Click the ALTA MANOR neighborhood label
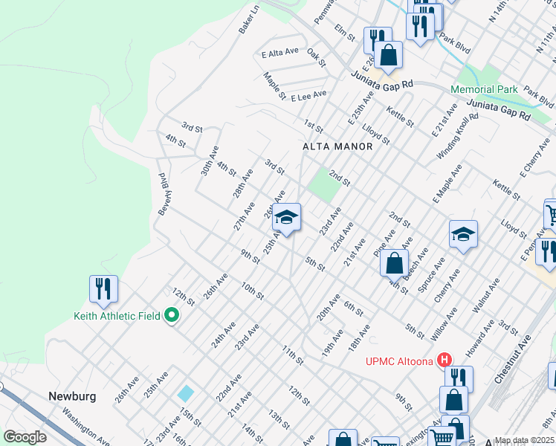337,146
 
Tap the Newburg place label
73,396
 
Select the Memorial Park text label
484,89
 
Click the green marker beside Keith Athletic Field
172,316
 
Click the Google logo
25,437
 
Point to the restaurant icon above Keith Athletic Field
104,288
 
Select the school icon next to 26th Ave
286,217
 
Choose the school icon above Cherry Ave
462,235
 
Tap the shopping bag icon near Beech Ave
394,262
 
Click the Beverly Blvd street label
164,193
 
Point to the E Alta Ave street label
279,53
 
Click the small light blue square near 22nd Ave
186,392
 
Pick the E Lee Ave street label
308,95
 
